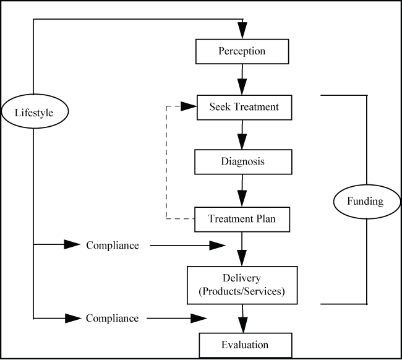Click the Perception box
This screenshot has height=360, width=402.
pos(242,51)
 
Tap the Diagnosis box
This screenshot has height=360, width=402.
pos(242,162)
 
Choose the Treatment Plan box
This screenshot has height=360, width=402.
pos(242,218)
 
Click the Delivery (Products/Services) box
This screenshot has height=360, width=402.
pos(242,285)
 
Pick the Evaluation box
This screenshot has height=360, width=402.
pos(245,345)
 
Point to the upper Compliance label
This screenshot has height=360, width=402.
pos(113,246)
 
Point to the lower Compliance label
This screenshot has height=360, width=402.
pos(113,318)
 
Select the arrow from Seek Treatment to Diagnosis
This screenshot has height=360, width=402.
pos(242,134)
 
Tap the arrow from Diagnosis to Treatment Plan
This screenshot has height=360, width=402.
pos(242,190)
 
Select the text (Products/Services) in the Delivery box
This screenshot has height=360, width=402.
pos(242,291)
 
